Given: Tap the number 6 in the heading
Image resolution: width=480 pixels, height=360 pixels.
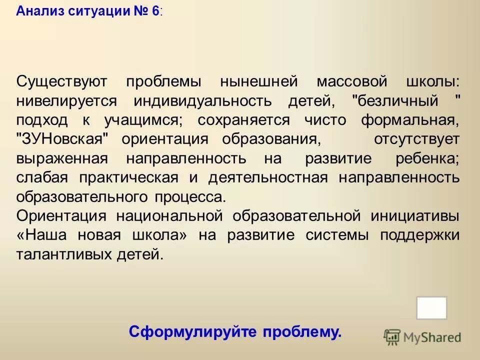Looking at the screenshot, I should point(155,12).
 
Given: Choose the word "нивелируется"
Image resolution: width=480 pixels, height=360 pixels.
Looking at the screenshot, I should point(66,100).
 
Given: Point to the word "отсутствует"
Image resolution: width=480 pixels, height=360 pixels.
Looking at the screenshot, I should point(416,139).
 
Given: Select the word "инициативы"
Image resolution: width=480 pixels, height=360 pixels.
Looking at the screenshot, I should point(415,216).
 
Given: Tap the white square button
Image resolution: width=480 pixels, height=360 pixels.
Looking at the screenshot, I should point(431,307).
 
